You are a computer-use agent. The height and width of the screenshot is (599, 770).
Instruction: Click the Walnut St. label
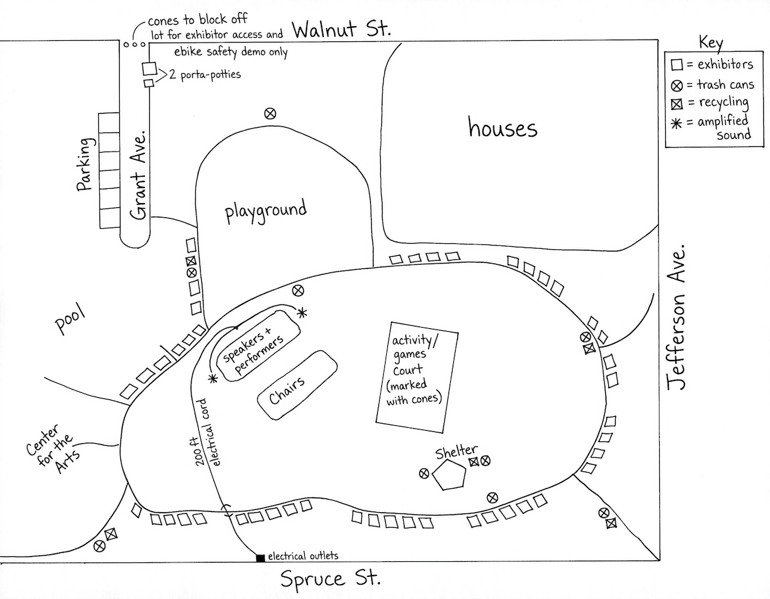click(x=341, y=29)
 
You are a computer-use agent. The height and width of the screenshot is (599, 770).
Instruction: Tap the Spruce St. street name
click(x=330, y=579)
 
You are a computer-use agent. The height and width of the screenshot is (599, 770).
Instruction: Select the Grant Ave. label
click(x=138, y=178)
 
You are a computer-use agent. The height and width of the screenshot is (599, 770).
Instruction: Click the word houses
click(x=502, y=128)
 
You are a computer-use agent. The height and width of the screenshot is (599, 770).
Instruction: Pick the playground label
click(x=265, y=211)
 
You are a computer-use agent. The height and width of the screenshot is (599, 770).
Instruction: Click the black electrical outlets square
click(x=260, y=558)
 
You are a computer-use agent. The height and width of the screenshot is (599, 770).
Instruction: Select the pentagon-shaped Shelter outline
click(x=449, y=477)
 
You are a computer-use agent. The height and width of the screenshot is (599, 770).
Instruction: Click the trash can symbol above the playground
click(x=270, y=113)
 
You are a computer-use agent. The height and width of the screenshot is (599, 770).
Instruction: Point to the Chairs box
click(x=296, y=386)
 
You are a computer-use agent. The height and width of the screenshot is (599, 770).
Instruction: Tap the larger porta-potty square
click(x=149, y=69)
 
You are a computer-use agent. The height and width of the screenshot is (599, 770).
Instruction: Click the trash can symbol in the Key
click(x=677, y=85)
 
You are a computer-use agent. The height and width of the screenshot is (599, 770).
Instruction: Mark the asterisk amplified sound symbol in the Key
click(x=676, y=123)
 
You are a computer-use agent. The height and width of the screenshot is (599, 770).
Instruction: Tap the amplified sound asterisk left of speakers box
click(x=212, y=379)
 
